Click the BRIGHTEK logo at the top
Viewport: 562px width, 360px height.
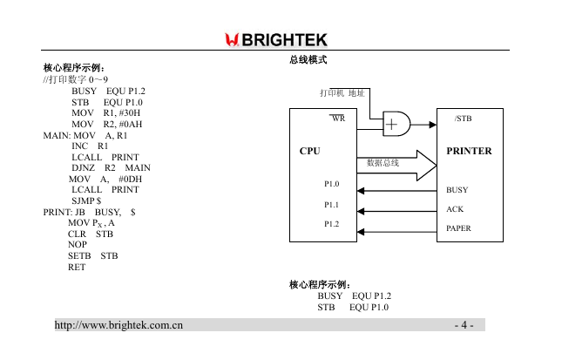coord(276,40)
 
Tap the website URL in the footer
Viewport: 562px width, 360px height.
coord(118,325)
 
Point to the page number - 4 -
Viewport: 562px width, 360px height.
coord(464,325)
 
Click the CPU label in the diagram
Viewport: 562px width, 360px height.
coord(309,151)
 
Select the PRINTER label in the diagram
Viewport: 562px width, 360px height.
coord(469,151)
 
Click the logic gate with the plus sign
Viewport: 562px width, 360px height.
coord(396,124)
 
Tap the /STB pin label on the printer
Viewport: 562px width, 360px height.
coord(463,119)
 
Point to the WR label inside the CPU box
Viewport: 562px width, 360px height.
coord(338,119)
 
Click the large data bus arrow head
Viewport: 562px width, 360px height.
coord(427,166)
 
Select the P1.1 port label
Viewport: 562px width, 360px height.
coord(332,205)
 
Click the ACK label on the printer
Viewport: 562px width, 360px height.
coord(455,209)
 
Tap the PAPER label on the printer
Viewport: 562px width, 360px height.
coord(458,228)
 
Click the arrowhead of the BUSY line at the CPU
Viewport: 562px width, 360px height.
coord(361,191)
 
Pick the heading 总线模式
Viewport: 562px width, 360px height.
coord(308,59)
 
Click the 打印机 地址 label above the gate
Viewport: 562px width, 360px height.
coord(342,93)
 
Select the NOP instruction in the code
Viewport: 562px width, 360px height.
coord(78,245)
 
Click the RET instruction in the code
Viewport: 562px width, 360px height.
coord(77,267)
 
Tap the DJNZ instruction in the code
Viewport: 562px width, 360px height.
coord(83,168)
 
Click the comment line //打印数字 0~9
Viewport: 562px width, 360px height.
coord(75,79)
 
